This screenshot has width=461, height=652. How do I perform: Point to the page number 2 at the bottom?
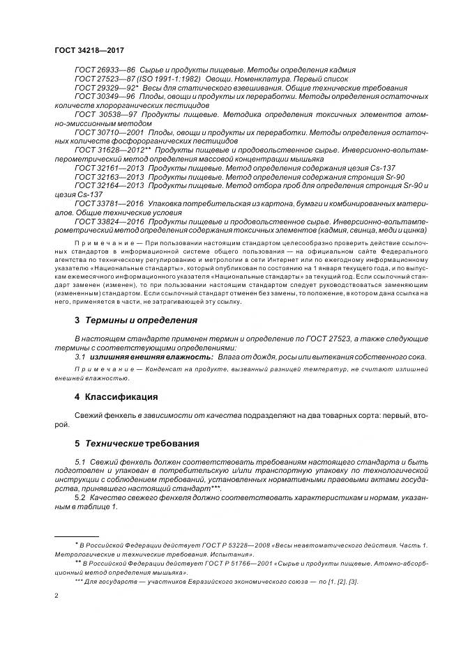click(x=56, y=596)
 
